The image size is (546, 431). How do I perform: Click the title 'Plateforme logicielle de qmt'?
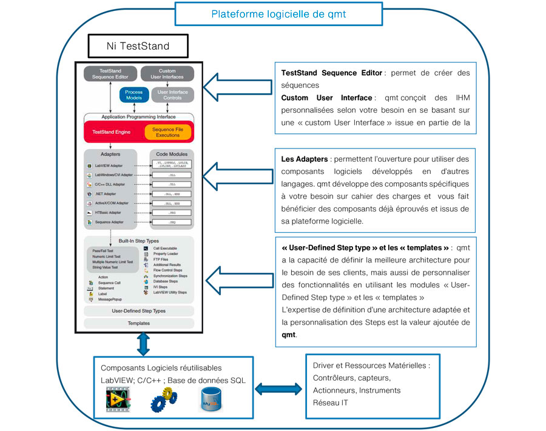click(278, 14)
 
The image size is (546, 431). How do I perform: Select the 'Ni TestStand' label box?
click(139, 45)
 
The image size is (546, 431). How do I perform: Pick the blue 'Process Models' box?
click(134, 95)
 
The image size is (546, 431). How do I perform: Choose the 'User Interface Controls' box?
click(172, 95)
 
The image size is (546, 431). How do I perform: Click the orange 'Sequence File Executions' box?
click(167, 132)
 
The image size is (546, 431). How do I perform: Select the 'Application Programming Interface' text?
click(139, 116)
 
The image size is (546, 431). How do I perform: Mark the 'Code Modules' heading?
click(172, 155)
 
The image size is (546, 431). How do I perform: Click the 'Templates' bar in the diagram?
click(139, 323)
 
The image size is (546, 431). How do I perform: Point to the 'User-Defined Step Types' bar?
click(139, 311)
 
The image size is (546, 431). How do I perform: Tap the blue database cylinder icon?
click(210, 399)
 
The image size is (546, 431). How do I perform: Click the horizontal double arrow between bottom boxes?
click(278, 387)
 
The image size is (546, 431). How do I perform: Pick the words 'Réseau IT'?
click(330, 403)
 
